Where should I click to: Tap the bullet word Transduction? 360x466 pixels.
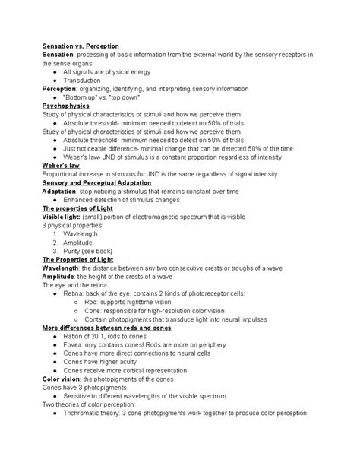pos(84,80)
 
